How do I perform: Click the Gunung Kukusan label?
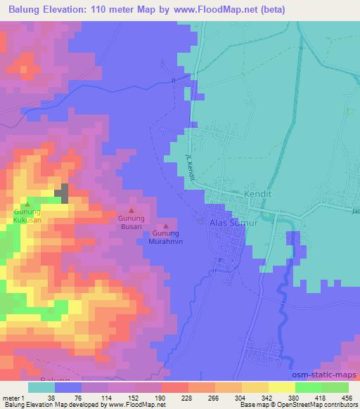click(27, 215)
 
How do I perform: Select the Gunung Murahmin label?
click(166, 238)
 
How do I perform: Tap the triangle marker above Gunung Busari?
click(131, 209)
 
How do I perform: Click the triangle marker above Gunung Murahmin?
click(166, 226)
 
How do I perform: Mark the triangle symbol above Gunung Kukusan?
click(27, 203)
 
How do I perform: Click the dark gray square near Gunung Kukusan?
click(63, 193)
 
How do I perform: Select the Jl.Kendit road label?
click(190, 167)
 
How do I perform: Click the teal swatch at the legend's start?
click(41, 387)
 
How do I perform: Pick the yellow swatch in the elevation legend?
click(281, 387)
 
